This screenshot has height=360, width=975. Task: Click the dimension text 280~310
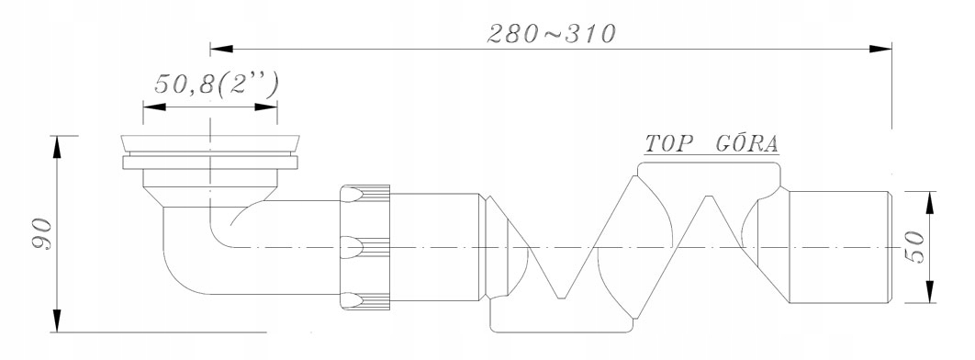551,34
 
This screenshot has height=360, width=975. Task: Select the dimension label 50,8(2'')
216,85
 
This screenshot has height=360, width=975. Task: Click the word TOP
668,143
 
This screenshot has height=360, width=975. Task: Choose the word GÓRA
746,143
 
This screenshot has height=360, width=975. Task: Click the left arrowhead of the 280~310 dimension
221,49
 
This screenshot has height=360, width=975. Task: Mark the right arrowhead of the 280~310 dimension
880,49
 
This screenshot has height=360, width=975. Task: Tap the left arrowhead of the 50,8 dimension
154,107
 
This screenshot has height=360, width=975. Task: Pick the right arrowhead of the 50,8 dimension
265,107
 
